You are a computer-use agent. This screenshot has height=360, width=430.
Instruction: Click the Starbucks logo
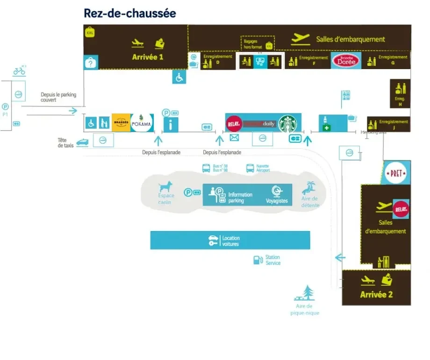point(288,123)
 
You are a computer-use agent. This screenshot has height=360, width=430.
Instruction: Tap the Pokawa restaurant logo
point(142,123)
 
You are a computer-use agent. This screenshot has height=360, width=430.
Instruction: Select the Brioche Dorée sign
point(346,60)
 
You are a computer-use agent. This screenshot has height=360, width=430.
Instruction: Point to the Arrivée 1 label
point(148,57)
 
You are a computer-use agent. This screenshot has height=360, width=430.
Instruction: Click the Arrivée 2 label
point(376,294)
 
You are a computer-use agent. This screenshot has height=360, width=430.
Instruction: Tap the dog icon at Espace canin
point(166,187)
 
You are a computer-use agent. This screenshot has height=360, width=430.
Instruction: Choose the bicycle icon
point(19,71)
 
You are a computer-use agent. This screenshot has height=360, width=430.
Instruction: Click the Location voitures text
point(231,241)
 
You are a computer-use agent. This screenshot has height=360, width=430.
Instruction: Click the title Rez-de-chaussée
point(130,13)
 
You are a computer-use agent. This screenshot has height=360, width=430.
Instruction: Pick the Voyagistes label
point(277,201)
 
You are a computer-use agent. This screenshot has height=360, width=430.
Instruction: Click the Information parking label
point(240,198)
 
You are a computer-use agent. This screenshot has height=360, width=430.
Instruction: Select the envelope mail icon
point(234,138)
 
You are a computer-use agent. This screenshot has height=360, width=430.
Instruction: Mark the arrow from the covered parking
point(73,111)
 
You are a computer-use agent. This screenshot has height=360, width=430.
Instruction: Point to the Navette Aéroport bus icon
point(250,168)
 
